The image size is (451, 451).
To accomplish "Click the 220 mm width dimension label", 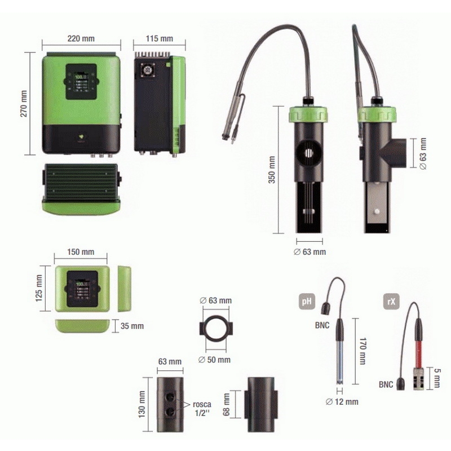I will click(81, 38).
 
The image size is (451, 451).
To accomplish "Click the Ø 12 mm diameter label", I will click(342, 401).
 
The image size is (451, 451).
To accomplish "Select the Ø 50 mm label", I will click(216, 360).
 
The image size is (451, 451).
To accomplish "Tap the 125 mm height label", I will click(40, 288).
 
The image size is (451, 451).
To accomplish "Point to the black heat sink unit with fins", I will click(80, 180).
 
